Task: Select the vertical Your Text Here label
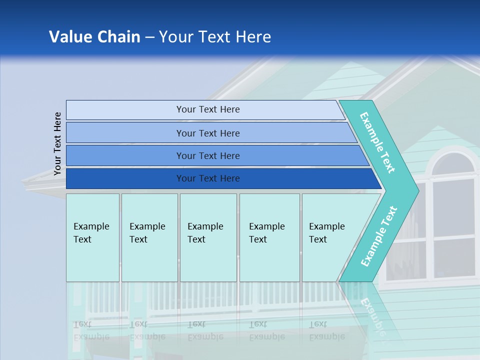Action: tap(57, 143)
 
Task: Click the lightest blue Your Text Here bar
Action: tap(207, 109)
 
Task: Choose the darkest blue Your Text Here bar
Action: tap(207, 178)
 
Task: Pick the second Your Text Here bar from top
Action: tap(207, 133)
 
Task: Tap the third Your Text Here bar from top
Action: tap(207, 155)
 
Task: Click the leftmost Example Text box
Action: tap(92, 237)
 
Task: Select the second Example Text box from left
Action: tap(149, 237)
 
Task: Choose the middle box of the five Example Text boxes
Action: tap(208, 237)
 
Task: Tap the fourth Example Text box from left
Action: tap(269, 237)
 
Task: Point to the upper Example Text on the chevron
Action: tap(377, 142)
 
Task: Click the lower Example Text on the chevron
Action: tap(378, 236)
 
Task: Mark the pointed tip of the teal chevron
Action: tap(417, 190)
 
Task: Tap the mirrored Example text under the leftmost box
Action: tap(91, 330)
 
